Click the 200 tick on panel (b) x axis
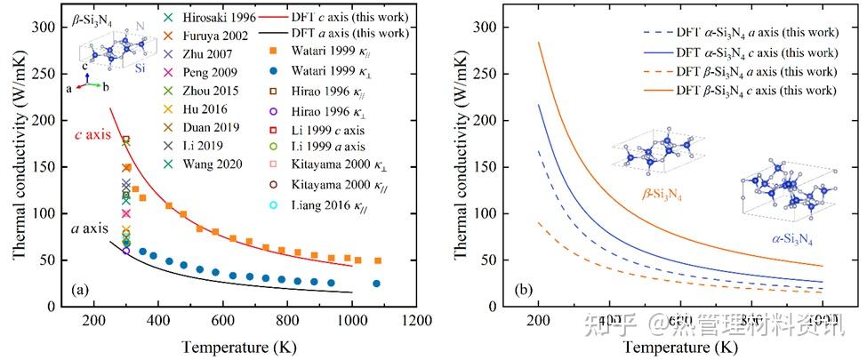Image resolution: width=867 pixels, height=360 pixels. pyautogui.click(x=538, y=322)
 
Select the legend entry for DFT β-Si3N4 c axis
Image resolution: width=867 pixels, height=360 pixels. pyautogui.click(x=739, y=91)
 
